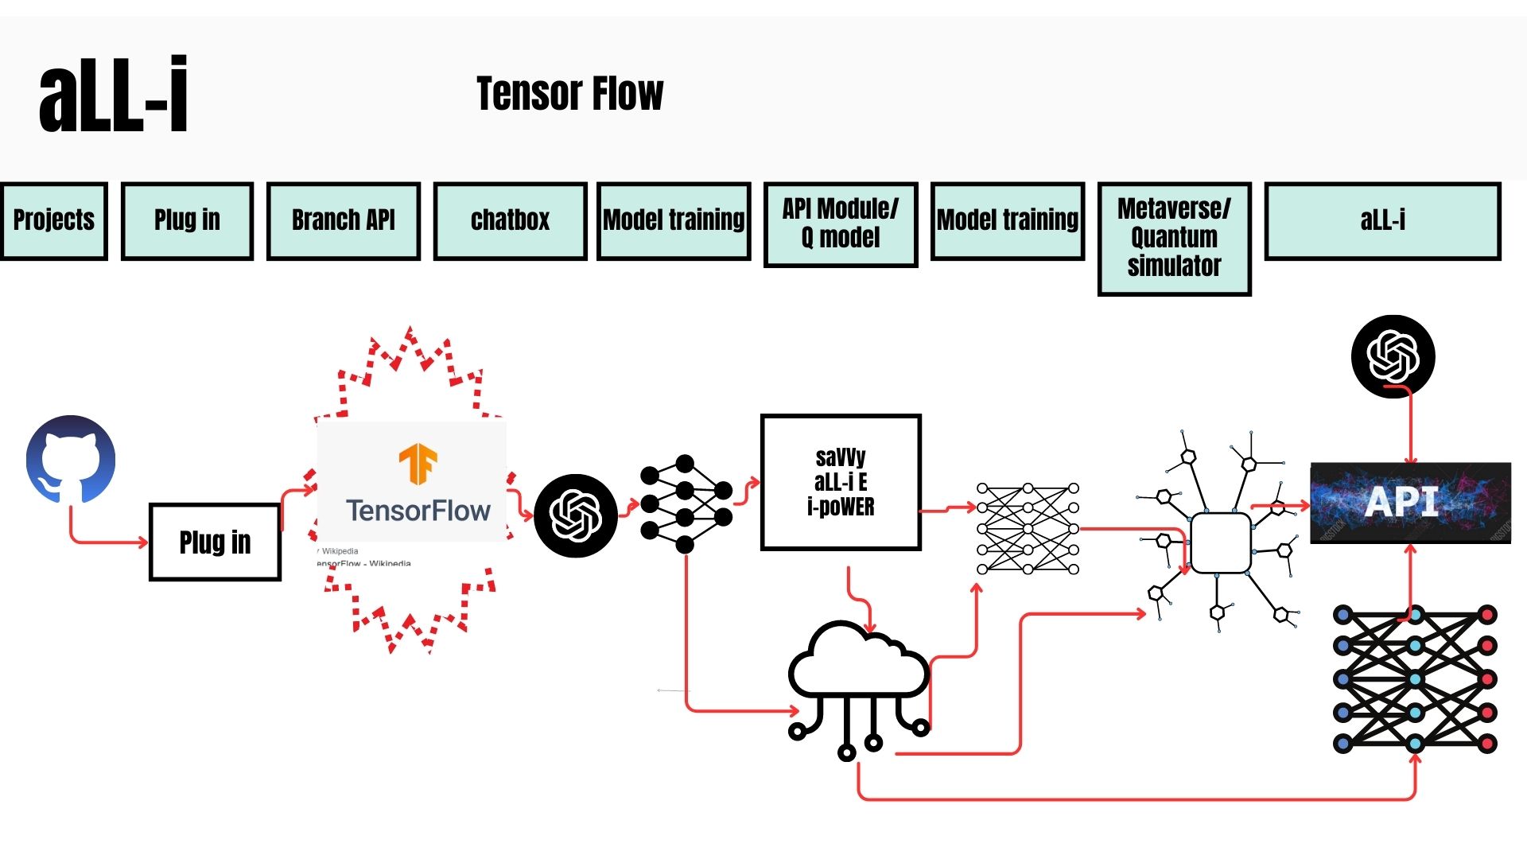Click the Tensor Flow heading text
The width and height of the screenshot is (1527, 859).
pyautogui.click(x=569, y=94)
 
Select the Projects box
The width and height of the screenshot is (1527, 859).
pyautogui.click(x=54, y=220)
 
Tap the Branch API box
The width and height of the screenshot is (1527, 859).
pyautogui.click(x=343, y=220)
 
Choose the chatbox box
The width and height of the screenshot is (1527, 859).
pyautogui.click(x=510, y=220)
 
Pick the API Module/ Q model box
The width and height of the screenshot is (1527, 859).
pyautogui.click(x=841, y=223)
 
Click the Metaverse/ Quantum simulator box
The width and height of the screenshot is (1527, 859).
pyautogui.click(x=1174, y=238)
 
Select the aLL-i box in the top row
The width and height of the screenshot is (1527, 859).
pyautogui.click(x=1382, y=220)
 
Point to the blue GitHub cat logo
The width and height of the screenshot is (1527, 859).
pyautogui.click(x=71, y=459)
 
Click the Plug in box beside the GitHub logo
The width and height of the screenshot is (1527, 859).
pyautogui.click(x=215, y=542)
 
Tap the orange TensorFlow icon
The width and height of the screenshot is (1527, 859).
pyautogui.click(x=418, y=464)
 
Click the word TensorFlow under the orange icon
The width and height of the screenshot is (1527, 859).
pyautogui.click(x=418, y=511)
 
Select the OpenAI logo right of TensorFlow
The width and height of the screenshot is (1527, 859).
pyautogui.click(x=576, y=515)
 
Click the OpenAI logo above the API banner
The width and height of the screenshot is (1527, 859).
pyautogui.click(x=1393, y=356)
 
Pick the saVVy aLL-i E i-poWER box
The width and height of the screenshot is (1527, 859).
pyautogui.click(x=841, y=482)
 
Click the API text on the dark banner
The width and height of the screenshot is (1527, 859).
pyautogui.click(x=1401, y=502)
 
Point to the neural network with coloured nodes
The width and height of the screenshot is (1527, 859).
pyautogui.click(x=1415, y=679)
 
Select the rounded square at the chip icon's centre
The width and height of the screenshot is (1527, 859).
pyautogui.click(x=1220, y=542)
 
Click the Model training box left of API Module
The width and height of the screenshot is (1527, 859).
pyautogui.click(x=674, y=220)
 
